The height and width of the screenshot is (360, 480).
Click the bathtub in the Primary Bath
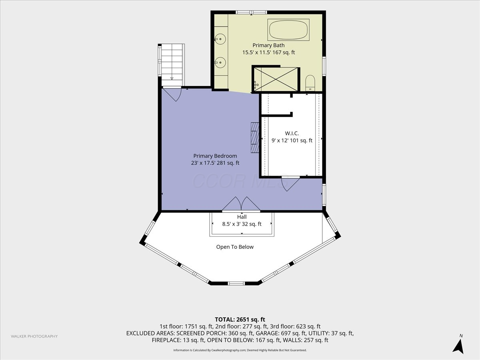pos(288,30)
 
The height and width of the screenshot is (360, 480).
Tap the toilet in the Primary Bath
pos(310,83)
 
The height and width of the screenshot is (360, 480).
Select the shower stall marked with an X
pos(276,79)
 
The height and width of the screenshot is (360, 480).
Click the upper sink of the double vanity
pos(220,39)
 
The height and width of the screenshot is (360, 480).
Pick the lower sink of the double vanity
pos(220,63)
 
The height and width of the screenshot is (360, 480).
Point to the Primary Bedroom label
pos(215,156)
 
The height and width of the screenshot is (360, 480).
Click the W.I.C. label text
pos(292,133)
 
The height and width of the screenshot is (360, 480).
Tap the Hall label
pos(242,217)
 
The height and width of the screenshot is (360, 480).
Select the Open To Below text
pos(235,247)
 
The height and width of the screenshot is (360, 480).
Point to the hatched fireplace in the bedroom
pos(255,138)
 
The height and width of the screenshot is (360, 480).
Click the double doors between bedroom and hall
pos(241,204)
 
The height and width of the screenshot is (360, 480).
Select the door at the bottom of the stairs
pos(172,94)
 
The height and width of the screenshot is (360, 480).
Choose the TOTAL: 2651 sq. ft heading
pos(240,320)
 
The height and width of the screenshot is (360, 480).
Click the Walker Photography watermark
pos(34,336)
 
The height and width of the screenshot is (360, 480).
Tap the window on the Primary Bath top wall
pos(251,12)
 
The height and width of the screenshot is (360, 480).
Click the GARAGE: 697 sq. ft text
pos(280,333)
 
